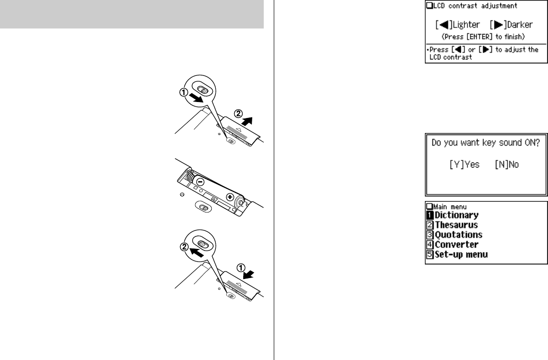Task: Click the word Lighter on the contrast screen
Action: pos(466,25)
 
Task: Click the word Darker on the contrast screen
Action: pos(519,25)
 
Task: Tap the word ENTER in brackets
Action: pos(479,36)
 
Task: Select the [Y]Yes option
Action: pos(464,164)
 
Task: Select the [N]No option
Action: pos(507,164)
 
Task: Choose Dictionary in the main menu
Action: pos(456,215)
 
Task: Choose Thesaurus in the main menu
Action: pos(456,225)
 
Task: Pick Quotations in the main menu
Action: pos(458,235)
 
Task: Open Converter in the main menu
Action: pos(456,245)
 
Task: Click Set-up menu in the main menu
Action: pos(461,254)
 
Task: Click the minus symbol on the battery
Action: pos(200,181)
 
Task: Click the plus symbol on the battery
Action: pos(230,197)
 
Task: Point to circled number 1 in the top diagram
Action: pos(184,92)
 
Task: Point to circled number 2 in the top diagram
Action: pos(238,114)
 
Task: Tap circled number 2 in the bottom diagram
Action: pos(184,247)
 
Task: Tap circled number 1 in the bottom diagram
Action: pos(241,268)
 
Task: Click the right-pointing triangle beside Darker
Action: pos(498,25)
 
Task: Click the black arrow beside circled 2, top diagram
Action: pos(247,121)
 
